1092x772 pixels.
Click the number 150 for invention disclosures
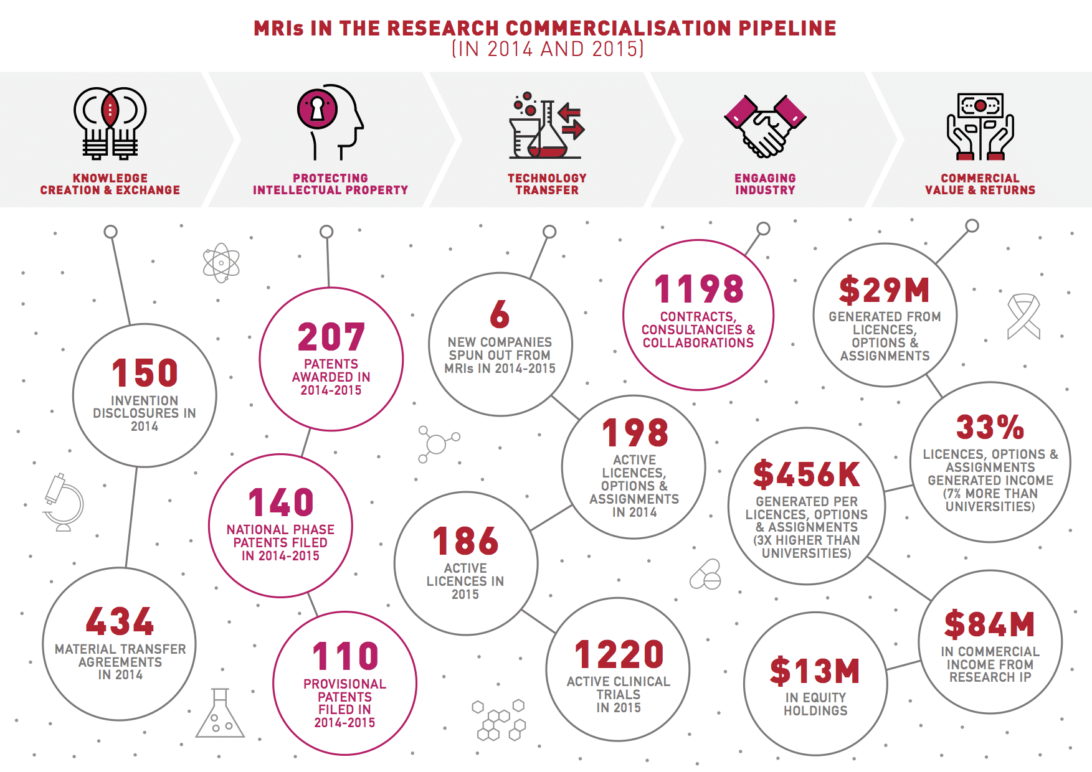tap(145, 373)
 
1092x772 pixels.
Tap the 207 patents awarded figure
tap(331, 337)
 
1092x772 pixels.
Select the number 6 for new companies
tap(500, 314)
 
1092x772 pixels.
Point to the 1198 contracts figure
tap(699, 289)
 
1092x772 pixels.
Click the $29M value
tap(884, 290)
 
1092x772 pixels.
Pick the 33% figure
tap(990, 427)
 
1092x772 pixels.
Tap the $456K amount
tap(806, 474)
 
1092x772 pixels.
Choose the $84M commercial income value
tap(989, 624)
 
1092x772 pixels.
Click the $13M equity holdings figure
tap(815, 671)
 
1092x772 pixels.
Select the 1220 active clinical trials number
tap(619, 654)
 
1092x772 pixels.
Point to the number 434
tap(120, 621)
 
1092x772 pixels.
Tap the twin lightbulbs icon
tap(110, 122)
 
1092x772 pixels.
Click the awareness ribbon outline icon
tap(1023, 316)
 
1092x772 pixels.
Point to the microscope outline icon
tap(63, 502)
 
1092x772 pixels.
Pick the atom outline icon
tap(221, 263)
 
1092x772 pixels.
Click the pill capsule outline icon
tap(706, 575)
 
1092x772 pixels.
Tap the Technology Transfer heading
tap(547, 184)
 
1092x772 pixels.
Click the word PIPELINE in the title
tap(787, 28)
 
